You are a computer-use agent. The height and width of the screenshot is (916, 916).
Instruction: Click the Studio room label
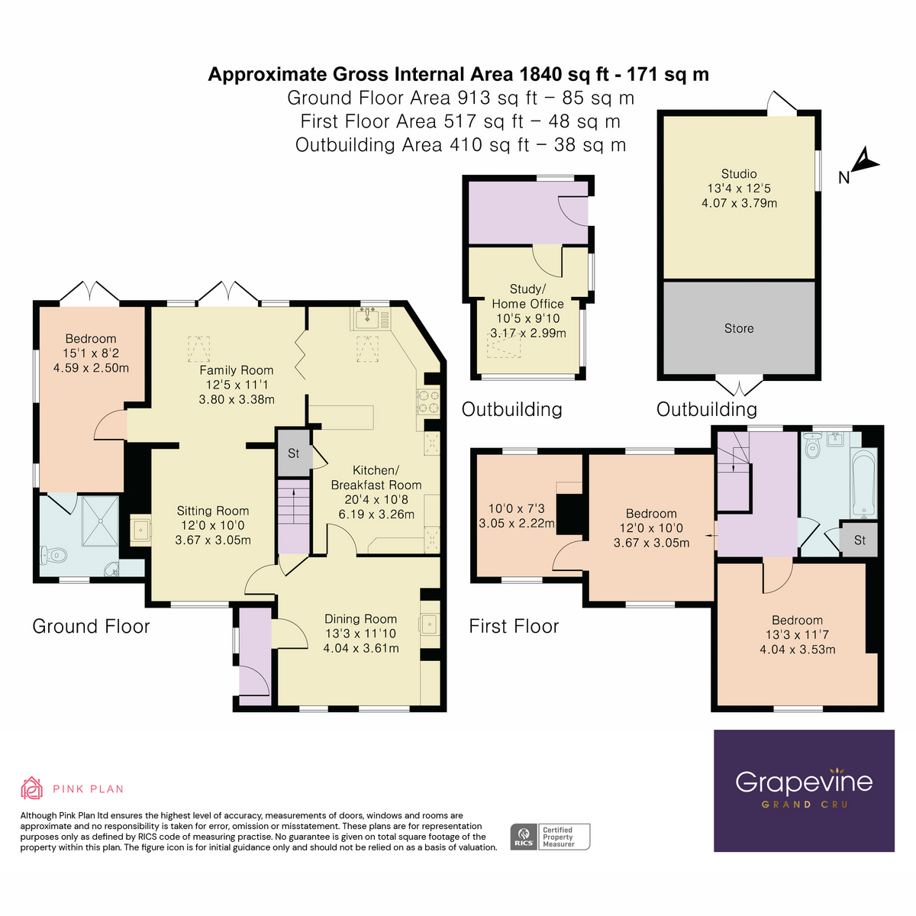(x=739, y=174)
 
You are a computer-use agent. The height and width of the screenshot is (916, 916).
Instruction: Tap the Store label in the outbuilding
(x=739, y=328)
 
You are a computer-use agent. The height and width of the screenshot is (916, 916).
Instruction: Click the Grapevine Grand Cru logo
(x=804, y=791)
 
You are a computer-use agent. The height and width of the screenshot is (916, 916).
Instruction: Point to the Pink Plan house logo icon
(x=31, y=789)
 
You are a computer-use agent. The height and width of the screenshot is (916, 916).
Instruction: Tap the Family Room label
(x=236, y=370)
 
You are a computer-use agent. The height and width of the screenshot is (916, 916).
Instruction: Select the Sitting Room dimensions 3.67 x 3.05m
(x=213, y=540)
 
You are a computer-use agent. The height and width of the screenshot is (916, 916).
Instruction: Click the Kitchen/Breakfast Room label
(x=376, y=478)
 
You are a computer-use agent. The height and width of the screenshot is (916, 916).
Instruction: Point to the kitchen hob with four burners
(x=427, y=402)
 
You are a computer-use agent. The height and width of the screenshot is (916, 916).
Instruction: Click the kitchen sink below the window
(x=366, y=318)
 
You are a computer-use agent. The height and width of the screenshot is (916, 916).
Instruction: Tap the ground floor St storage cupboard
(x=294, y=453)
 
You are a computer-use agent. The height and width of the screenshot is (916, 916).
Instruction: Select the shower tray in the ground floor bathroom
(x=100, y=521)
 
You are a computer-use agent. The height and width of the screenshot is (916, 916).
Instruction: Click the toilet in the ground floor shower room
(x=53, y=555)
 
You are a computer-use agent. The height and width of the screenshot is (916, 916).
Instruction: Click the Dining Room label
(x=361, y=619)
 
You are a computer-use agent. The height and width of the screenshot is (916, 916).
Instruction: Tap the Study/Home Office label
(x=527, y=296)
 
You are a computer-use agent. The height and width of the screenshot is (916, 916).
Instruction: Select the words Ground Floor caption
(x=91, y=627)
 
